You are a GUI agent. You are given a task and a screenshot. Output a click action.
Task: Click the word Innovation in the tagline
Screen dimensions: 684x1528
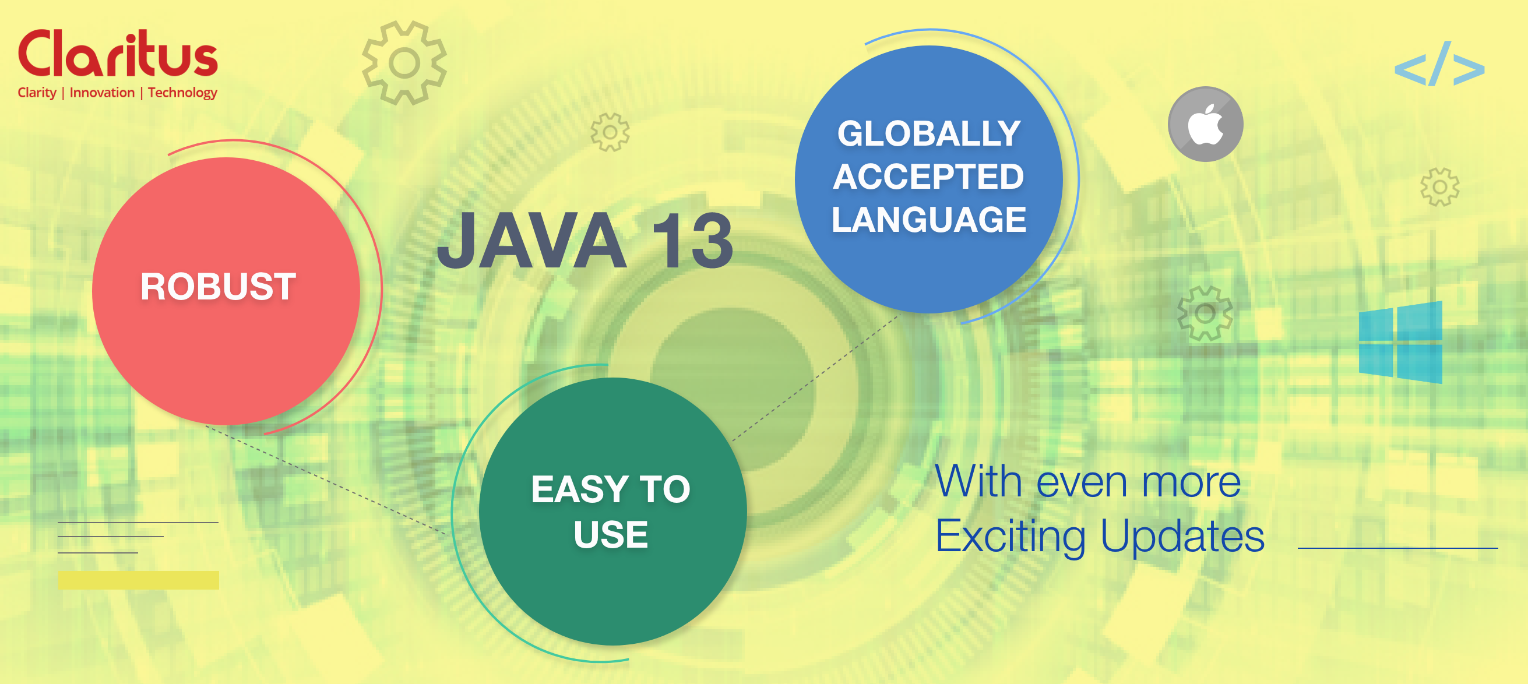pyautogui.click(x=102, y=93)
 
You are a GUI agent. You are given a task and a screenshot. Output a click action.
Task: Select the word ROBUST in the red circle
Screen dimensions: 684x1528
pyautogui.click(x=218, y=287)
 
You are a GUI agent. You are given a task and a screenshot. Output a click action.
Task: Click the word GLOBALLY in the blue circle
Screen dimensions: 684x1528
pyautogui.click(x=928, y=133)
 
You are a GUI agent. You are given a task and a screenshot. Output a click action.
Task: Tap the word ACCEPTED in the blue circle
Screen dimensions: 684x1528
pyautogui.click(x=928, y=177)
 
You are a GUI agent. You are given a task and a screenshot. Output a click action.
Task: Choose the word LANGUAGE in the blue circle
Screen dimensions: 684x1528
pyautogui.click(x=928, y=220)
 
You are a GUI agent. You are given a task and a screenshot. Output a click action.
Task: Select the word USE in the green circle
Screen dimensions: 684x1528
pyautogui.click(x=610, y=534)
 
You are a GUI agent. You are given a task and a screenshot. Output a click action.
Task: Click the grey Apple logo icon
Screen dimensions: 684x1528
pyautogui.click(x=1205, y=124)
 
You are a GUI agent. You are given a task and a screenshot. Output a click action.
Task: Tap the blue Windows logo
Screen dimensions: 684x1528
pyautogui.click(x=1400, y=343)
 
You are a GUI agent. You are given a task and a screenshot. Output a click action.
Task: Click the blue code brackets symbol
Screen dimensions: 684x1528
pyautogui.click(x=1439, y=65)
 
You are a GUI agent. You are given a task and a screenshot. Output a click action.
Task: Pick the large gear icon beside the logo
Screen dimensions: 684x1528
pyautogui.click(x=404, y=63)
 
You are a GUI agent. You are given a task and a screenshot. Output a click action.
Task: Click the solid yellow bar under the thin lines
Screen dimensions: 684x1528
pyautogui.click(x=138, y=580)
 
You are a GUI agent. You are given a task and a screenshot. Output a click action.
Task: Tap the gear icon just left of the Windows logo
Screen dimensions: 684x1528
pyautogui.click(x=1205, y=313)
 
